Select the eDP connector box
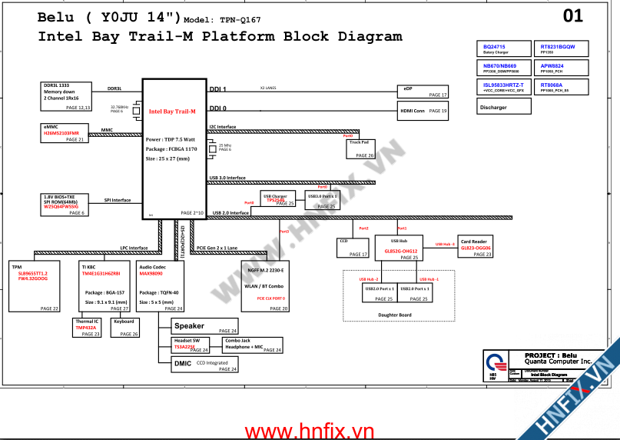pos(422,91)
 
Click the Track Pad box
pos(360,148)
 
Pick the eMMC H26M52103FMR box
pos(66,133)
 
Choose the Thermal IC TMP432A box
pos(88,328)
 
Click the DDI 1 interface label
pos(218,89)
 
